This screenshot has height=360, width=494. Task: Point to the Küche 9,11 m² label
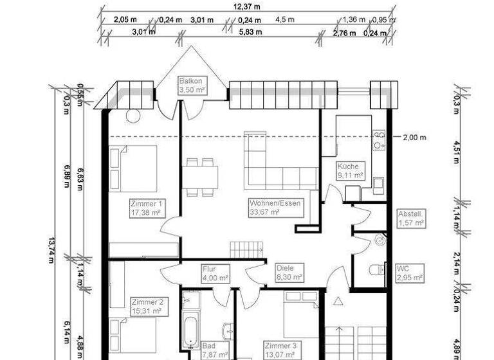point(351,170)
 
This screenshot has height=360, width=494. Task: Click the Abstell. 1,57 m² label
point(410,219)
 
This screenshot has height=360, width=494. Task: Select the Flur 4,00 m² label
point(215,274)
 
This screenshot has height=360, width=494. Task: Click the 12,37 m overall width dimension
point(248,6)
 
